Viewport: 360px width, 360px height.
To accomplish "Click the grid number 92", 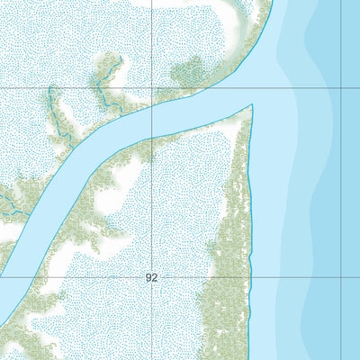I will click(151, 278).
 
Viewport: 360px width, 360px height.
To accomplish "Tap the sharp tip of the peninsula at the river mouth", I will click(252, 106).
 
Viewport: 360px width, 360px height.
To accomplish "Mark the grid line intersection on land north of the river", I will click(151, 88).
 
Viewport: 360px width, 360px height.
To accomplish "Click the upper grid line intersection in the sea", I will click(341, 88).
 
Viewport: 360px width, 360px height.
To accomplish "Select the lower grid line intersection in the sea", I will click(341, 278).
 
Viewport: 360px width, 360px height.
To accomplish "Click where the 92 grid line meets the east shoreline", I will click(249, 278).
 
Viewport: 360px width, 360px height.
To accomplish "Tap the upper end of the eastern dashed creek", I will click(110, 58).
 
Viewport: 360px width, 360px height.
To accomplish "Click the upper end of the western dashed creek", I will click(50, 88).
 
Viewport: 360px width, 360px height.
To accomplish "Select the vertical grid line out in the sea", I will click(341, 180).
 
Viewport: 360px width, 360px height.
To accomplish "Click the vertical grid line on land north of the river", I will click(151, 45).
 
